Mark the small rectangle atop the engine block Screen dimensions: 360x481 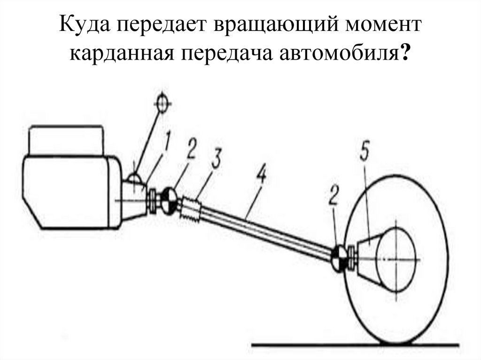click(x=66, y=139)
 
